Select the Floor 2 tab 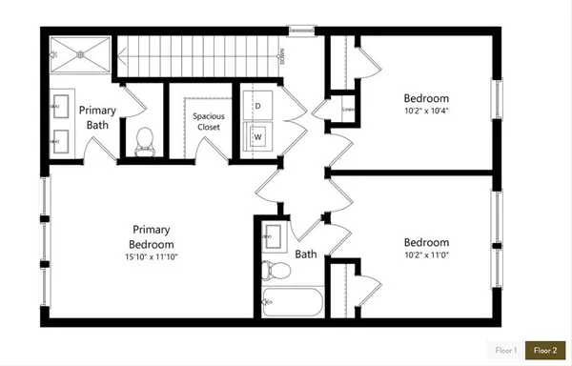coord(547,351)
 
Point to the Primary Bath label coord(97,117)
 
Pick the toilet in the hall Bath coord(273,270)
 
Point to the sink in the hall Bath coord(273,234)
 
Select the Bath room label coord(306,254)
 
